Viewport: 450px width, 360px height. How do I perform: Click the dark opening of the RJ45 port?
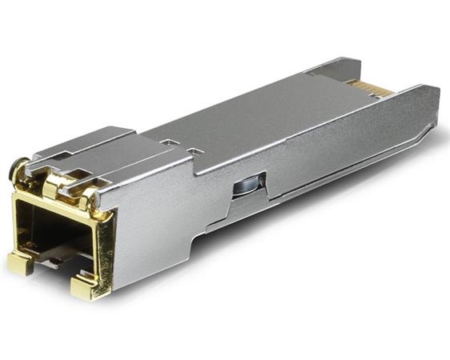point(56,232)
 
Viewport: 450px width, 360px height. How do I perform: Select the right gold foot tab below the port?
point(86,286)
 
